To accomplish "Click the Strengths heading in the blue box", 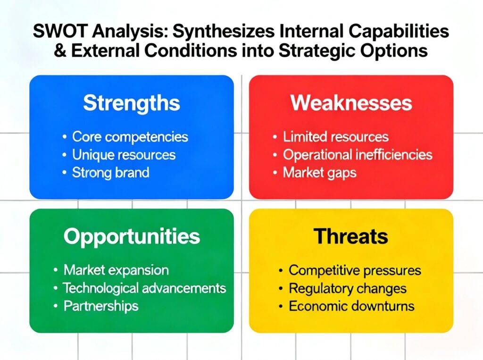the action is (132, 103).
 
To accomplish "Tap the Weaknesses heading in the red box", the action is (351, 103).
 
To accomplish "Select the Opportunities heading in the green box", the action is (132, 237).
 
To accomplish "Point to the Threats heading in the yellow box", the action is (351, 236).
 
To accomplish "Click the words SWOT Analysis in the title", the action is (101, 31).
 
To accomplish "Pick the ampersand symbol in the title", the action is (60, 50).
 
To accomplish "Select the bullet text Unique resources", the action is (124, 155).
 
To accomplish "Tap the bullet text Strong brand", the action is (110, 172).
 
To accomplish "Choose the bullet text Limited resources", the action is (336, 136).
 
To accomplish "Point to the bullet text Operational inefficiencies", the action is (358, 155).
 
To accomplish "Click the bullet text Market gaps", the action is (320, 173).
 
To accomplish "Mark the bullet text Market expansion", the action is (116, 270).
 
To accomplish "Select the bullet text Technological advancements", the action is (144, 288).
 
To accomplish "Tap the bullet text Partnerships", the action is (101, 306).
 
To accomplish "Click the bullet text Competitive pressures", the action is (355, 271).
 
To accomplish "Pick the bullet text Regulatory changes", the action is (348, 289).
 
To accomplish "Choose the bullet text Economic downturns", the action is (351, 306).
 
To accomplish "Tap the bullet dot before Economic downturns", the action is (281, 307).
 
